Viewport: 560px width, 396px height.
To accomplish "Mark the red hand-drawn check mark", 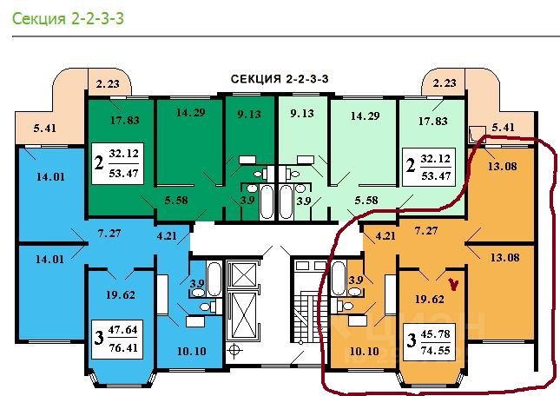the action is [x=451, y=282].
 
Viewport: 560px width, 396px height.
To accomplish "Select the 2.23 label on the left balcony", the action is [x=109, y=83].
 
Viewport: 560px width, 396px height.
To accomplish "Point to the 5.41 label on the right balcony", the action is [x=504, y=128].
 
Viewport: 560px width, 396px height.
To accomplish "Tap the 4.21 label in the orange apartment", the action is [x=386, y=234].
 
